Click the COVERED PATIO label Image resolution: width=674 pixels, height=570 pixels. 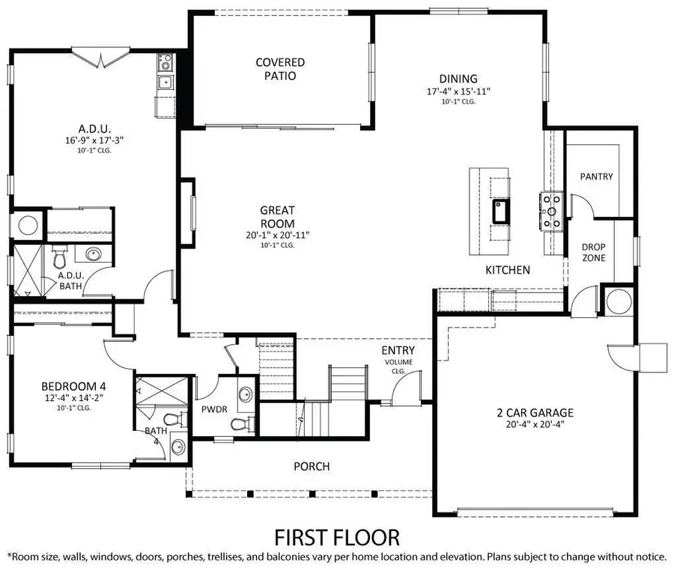(x=280, y=70)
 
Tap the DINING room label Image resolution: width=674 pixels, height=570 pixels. (x=458, y=79)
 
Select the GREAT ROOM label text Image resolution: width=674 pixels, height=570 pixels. (x=278, y=217)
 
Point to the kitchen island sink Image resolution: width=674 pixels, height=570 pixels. (x=500, y=212)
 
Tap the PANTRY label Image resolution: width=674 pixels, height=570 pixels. (x=596, y=177)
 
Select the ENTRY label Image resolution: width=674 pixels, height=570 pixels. (x=398, y=350)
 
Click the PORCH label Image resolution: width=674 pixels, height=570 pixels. (x=312, y=467)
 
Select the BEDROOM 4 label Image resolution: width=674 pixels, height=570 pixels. (x=73, y=386)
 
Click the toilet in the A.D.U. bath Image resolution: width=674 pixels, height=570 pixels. (x=60, y=260)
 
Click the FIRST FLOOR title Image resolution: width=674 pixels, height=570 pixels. (x=336, y=536)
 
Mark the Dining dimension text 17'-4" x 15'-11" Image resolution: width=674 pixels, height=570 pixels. (x=458, y=91)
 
